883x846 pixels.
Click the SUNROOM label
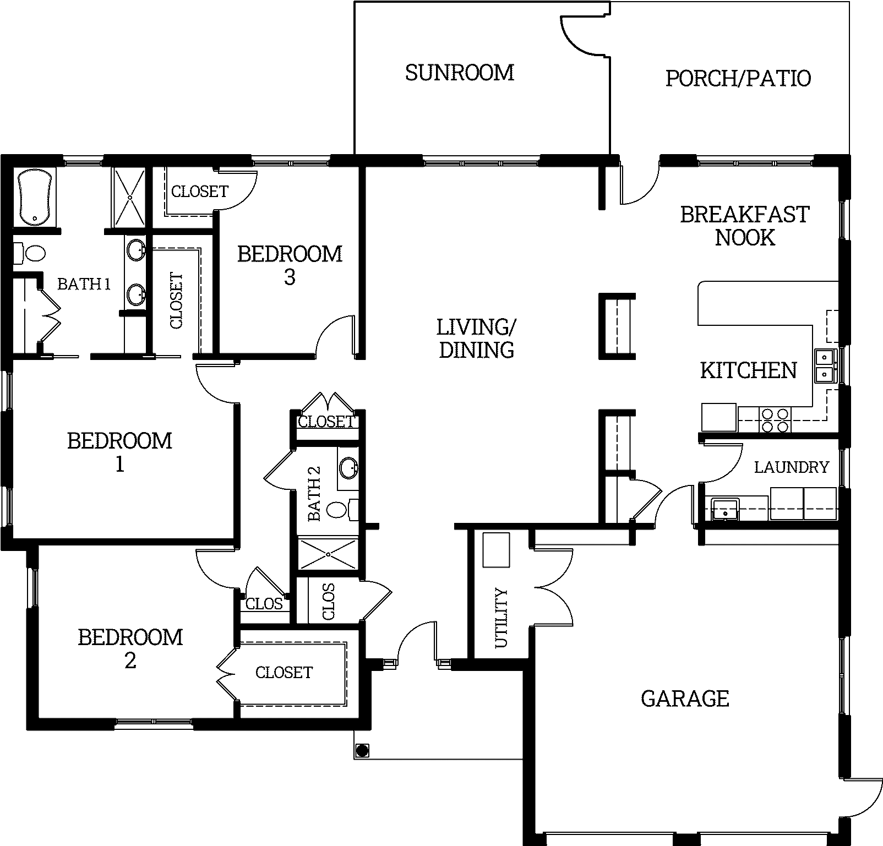coord(460,73)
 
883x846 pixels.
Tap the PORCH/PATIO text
coord(738,78)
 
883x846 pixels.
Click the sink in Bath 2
coord(348,468)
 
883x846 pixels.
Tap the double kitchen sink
coord(825,366)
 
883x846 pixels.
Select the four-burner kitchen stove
coord(775,420)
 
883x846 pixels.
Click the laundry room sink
coord(725,508)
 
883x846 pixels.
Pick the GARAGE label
coord(685,699)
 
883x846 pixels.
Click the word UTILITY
coord(501,618)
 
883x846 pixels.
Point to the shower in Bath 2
coord(327,554)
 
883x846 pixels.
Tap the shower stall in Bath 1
coord(129,197)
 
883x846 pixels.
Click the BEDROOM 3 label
coord(290,265)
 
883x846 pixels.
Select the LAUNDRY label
coord(791,467)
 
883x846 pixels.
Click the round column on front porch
coord(362,750)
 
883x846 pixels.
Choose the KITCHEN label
coord(748,370)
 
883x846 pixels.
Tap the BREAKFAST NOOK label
coord(745,226)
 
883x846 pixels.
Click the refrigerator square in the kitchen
coord(719,417)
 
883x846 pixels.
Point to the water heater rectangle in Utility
coord(497,549)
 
